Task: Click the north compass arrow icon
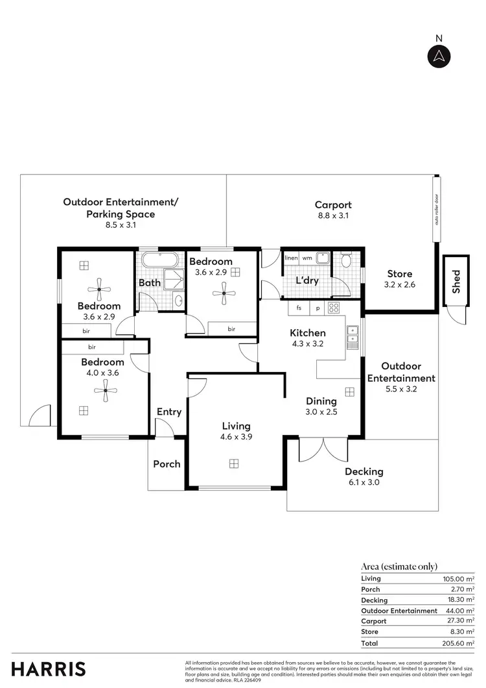(438, 56)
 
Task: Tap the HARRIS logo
(48, 669)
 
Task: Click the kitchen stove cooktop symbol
(334, 308)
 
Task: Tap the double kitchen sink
(352, 337)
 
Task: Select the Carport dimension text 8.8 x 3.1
(333, 215)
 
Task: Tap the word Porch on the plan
(167, 464)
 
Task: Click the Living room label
(236, 426)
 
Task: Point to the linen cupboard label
(291, 258)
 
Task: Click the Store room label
(399, 274)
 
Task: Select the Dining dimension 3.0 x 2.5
(321, 412)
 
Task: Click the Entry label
(169, 412)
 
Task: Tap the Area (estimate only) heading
(399, 567)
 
